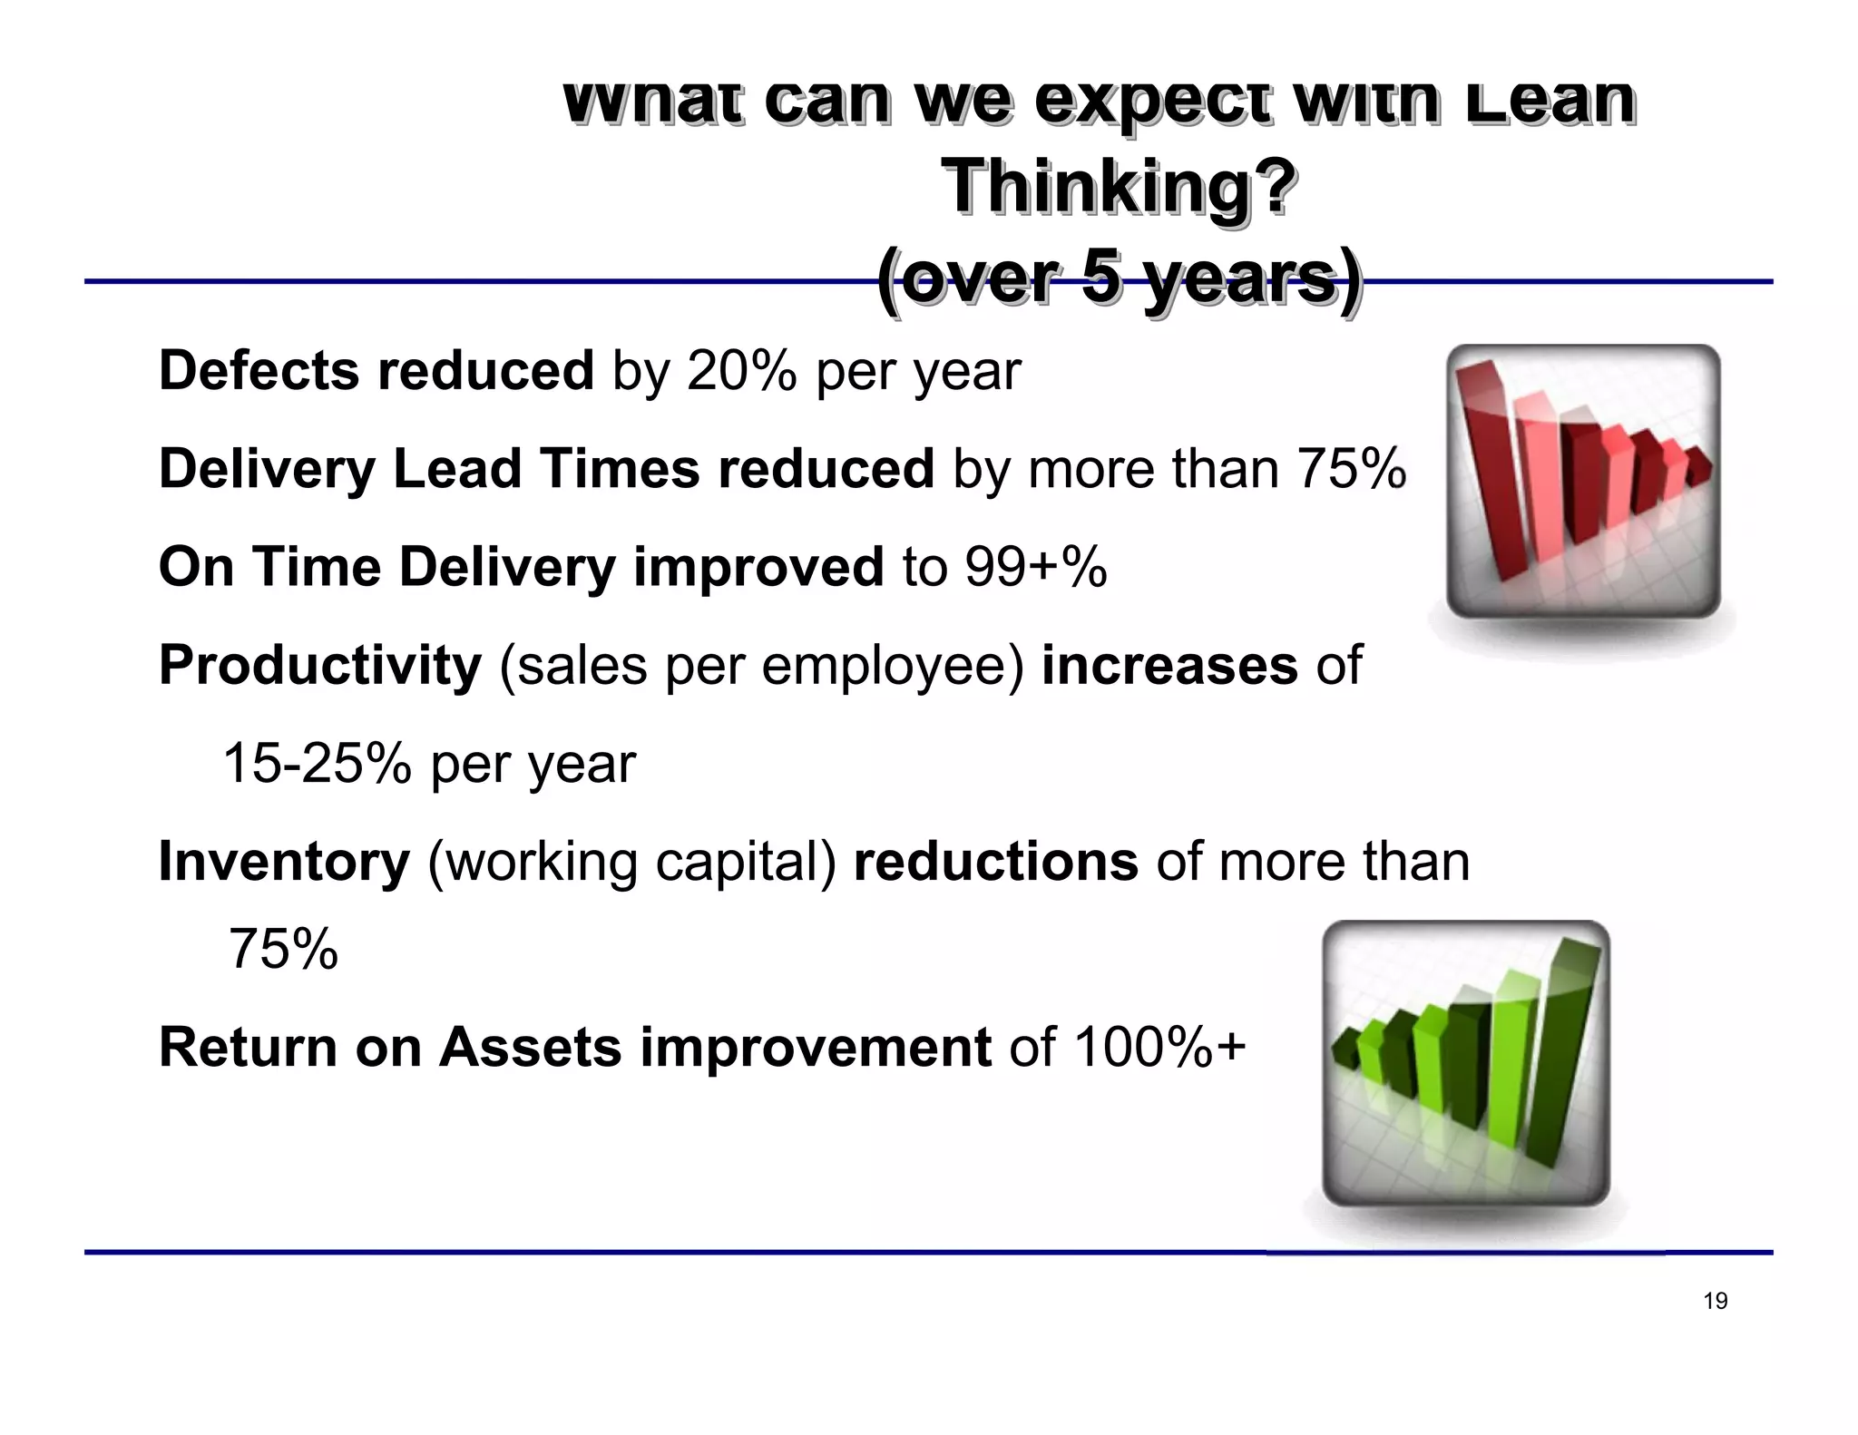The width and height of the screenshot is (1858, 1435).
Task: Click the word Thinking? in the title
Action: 1120,187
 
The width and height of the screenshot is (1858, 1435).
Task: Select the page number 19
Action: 1715,1301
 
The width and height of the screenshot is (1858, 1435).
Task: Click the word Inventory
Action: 284,861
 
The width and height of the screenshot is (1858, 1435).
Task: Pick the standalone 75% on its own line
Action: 283,949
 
